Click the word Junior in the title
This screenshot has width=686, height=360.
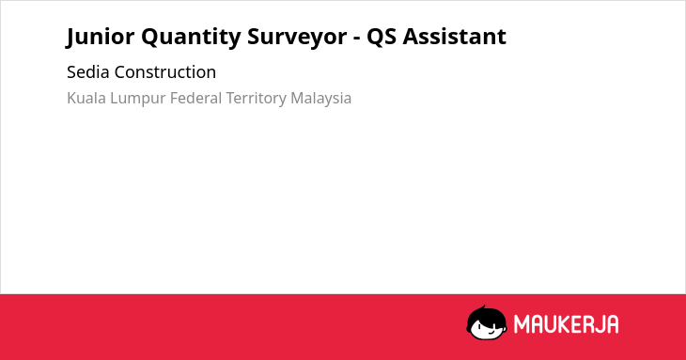[101, 37]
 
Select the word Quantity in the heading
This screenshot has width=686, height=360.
[191, 38]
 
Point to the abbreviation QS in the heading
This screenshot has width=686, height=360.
[382, 37]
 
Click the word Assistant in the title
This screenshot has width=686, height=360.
[455, 36]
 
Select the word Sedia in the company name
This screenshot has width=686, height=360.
[88, 71]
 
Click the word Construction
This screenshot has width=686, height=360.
[165, 71]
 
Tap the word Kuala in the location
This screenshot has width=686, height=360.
[86, 98]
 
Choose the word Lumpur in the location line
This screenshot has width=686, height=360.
[138, 99]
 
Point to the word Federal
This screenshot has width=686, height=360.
[196, 98]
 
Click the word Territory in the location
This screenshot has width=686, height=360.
[257, 99]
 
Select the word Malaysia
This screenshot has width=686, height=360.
[321, 99]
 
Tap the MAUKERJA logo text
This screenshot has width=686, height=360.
[566, 324]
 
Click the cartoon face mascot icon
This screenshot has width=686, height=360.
[487, 322]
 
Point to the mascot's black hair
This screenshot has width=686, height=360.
[486, 315]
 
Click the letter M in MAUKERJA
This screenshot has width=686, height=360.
[522, 324]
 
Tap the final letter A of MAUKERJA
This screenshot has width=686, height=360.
[612, 324]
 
